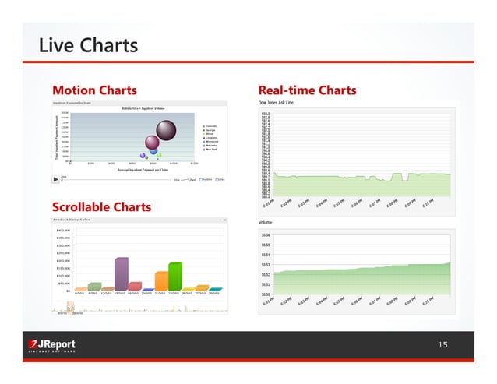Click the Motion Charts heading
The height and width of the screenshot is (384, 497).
[x=93, y=90]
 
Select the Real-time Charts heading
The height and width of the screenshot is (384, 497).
[x=306, y=90]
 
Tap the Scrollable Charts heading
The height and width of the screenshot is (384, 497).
[x=101, y=207]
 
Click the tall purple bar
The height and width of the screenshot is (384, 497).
[x=121, y=273]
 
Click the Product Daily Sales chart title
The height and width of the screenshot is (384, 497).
[x=72, y=220]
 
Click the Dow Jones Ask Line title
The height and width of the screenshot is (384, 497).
[x=277, y=103]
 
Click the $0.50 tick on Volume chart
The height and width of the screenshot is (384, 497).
[x=266, y=294]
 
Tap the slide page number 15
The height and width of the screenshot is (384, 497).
[x=442, y=343]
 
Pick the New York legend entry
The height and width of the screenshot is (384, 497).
[x=211, y=148]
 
